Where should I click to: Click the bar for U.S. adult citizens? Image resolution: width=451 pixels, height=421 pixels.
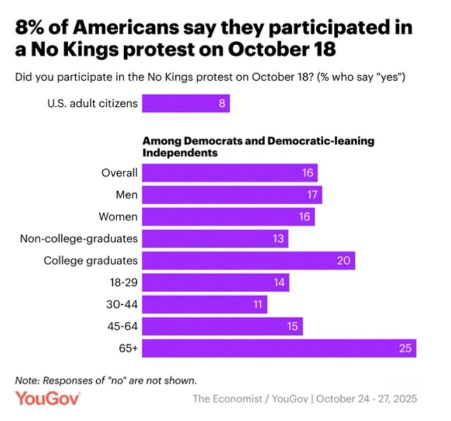pyautogui.click(x=185, y=104)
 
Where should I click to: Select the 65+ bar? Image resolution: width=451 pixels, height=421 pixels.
pyautogui.click(x=279, y=348)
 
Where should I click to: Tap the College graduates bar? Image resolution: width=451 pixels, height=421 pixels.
pyautogui.click(x=248, y=261)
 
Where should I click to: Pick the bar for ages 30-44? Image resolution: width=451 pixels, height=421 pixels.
pyautogui.click(x=204, y=304)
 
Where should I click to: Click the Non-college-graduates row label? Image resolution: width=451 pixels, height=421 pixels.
pyautogui.click(x=79, y=239)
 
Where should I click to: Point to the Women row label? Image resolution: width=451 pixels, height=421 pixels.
pyautogui.click(x=118, y=217)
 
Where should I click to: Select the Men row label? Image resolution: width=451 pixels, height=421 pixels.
pyautogui.click(x=127, y=194)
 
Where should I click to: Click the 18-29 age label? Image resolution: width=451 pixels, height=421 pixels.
pyautogui.click(x=124, y=283)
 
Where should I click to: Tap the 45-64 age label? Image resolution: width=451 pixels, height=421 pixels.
pyautogui.click(x=123, y=327)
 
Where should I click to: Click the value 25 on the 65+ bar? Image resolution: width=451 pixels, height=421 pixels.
pyautogui.click(x=405, y=348)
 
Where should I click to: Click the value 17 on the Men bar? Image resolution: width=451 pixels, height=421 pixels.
pyautogui.click(x=312, y=194)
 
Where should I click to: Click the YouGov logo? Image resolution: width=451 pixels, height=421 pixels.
pyautogui.click(x=48, y=399)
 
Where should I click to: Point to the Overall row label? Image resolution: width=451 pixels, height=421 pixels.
pyautogui.click(x=119, y=173)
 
